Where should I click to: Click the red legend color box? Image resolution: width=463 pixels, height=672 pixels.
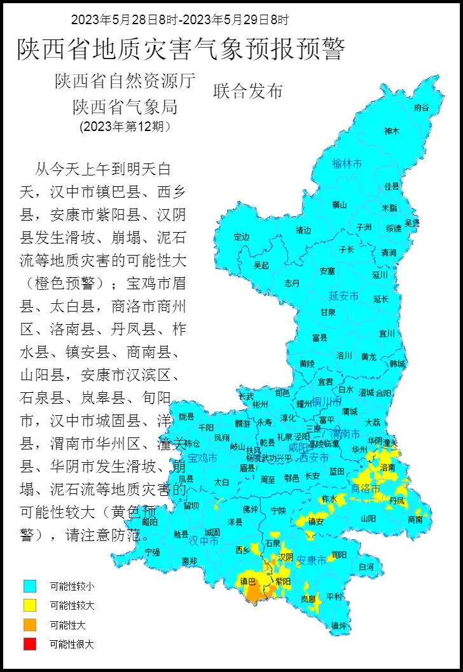(x=29, y=643)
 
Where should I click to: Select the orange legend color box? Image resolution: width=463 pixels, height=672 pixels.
(x=29, y=624)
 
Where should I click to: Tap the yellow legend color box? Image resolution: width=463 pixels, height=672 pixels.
(x=29, y=605)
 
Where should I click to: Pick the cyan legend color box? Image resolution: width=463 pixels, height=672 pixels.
(x=29, y=586)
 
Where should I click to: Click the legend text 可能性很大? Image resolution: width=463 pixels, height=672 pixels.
(x=72, y=644)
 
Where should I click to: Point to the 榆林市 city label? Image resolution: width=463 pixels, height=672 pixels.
(x=347, y=164)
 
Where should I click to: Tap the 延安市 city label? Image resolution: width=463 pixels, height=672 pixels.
(x=343, y=296)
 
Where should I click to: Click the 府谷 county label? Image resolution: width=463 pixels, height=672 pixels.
(x=422, y=107)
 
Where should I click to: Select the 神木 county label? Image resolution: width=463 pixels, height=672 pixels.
(x=392, y=131)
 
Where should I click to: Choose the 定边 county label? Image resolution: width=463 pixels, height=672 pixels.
(x=242, y=237)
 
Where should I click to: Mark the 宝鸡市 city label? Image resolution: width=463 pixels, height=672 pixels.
(x=202, y=458)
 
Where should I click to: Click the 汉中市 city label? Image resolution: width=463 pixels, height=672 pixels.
(x=204, y=541)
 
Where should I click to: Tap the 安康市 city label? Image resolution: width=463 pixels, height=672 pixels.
(x=312, y=561)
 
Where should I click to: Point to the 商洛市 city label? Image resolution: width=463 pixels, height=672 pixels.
(x=366, y=489)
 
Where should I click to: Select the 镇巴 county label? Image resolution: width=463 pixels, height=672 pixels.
(x=247, y=581)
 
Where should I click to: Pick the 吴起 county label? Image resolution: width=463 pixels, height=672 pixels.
(x=261, y=264)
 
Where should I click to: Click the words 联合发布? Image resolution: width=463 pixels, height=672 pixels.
(x=247, y=91)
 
